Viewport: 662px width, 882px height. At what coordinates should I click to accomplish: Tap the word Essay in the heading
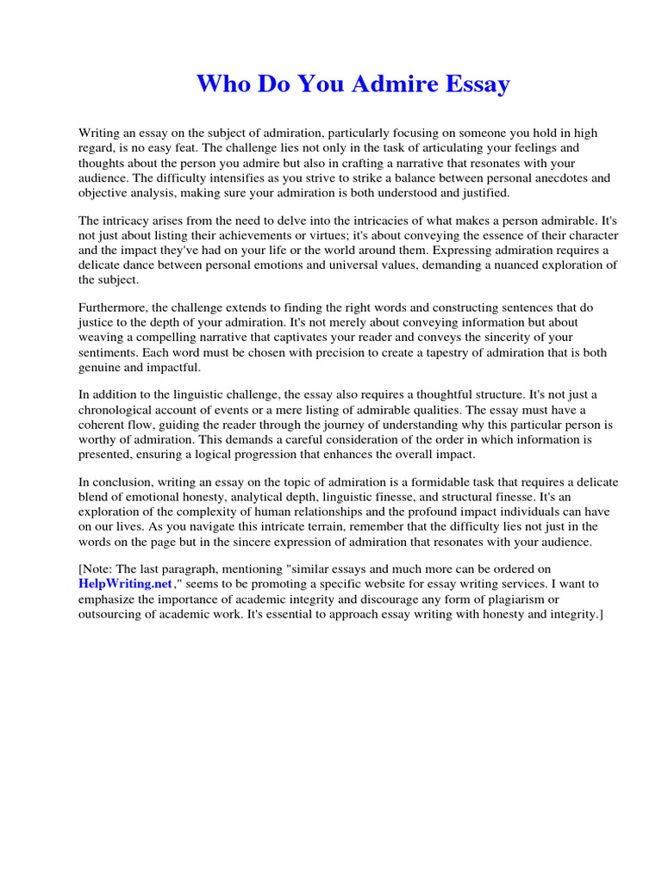pos(475,84)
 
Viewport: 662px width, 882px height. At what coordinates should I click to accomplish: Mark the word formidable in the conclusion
pos(446,482)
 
